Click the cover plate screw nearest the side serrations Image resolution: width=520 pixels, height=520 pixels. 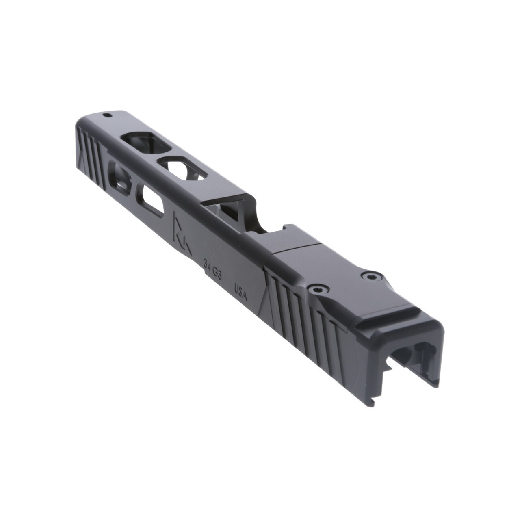pos(316,289)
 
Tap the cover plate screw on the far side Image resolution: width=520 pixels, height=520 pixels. pos(369,276)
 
